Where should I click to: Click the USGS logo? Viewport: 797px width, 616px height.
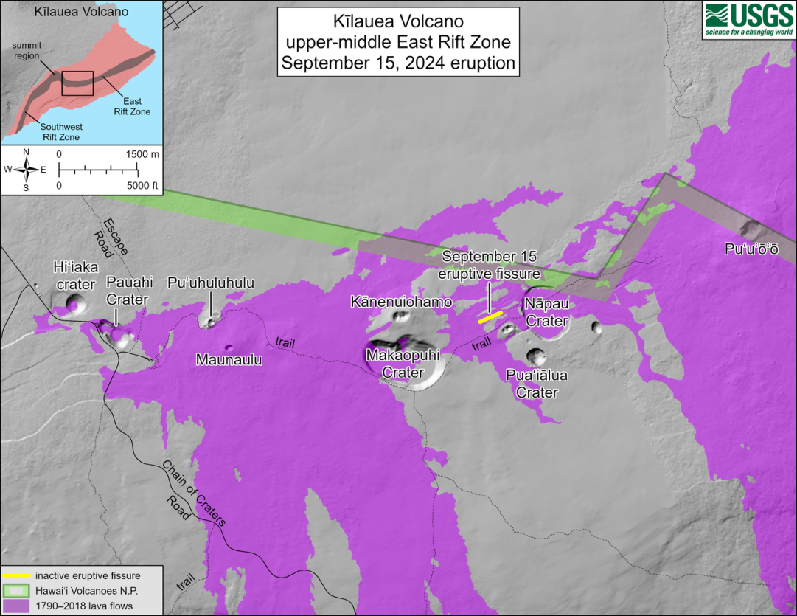point(748,19)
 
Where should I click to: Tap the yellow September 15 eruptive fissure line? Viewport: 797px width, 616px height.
point(490,317)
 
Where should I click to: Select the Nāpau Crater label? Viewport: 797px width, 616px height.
point(546,311)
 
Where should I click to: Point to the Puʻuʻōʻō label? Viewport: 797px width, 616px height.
point(751,250)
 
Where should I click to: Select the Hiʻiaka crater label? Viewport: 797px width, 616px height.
point(74,274)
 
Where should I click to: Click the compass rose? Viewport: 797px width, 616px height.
point(27,170)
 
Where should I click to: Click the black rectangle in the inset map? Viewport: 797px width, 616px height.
point(77,83)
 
